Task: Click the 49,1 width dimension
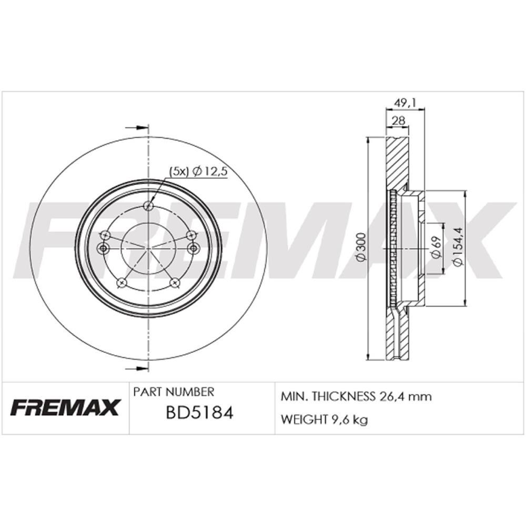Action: pyautogui.click(x=405, y=103)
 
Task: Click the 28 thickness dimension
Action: pyautogui.click(x=398, y=120)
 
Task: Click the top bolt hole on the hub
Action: pyautogui.click(x=148, y=205)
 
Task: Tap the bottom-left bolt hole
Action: pyautogui.click(x=122, y=283)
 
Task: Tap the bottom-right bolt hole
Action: pyautogui.click(x=175, y=283)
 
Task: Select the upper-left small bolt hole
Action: pyautogui.click(x=105, y=235)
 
